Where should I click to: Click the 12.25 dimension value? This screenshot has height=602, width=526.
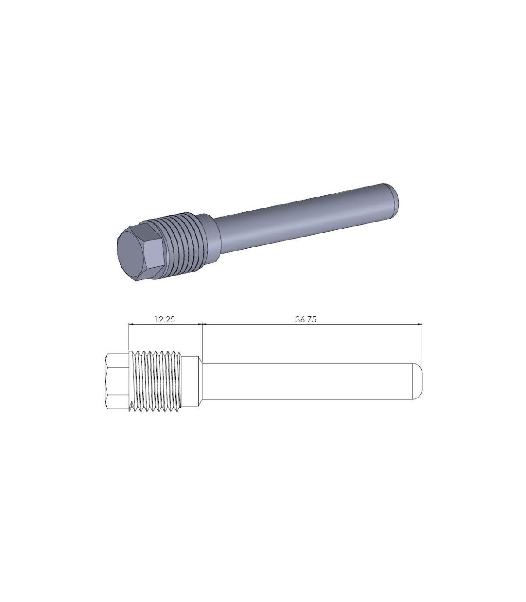point(165,319)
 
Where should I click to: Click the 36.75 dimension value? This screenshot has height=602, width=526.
point(306,319)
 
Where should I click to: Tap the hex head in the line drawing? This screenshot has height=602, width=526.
point(117,382)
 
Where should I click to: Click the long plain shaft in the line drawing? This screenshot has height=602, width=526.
point(307,381)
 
